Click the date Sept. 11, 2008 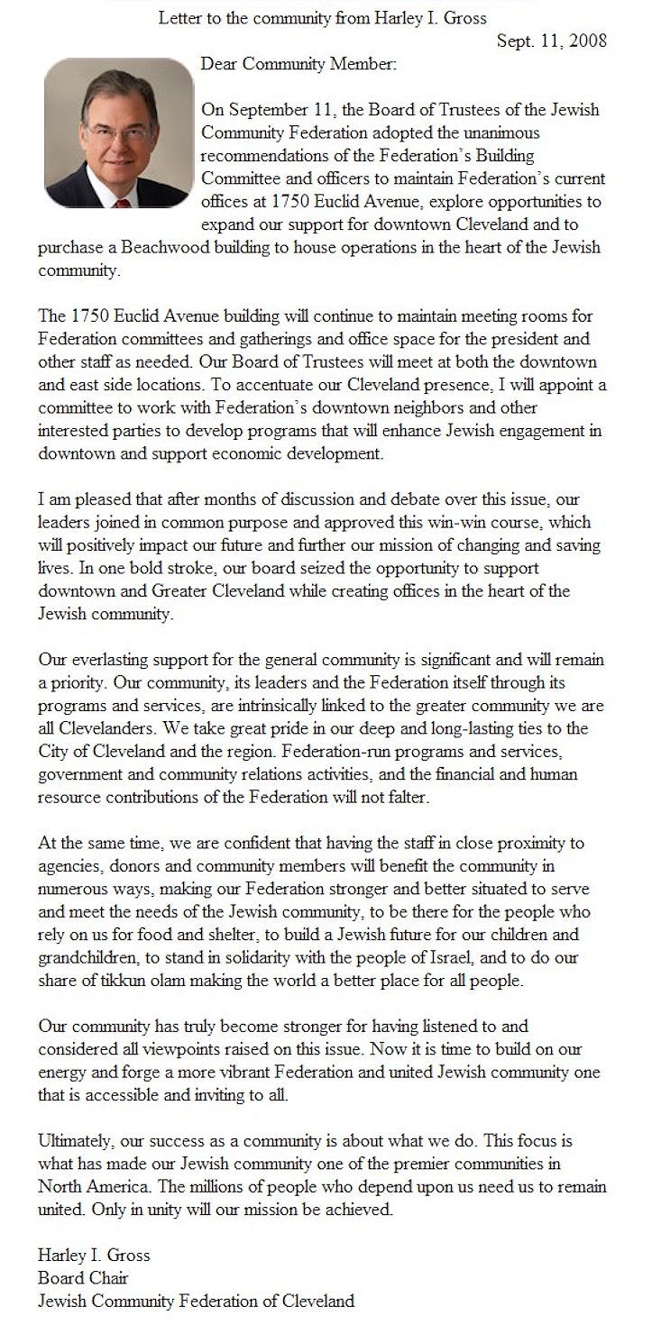[552, 41]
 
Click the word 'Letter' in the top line [180, 17]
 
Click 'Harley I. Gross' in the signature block [94, 1254]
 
